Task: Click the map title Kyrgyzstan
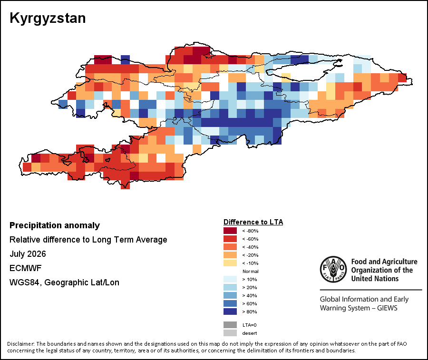pyautogui.click(x=48, y=18)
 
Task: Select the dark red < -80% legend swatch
pyautogui.click(x=230, y=231)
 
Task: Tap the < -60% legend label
pyautogui.click(x=250, y=239)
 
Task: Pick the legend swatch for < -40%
pyautogui.click(x=230, y=247)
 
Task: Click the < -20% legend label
pyautogui.click(x=250, y=255)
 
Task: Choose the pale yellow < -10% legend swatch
pyautogui.click(x=230, y=263)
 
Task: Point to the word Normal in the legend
pyautogui.click(x=250, y=271)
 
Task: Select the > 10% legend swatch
pyautogui.click(x=230, y=279)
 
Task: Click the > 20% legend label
pyautogui.click(x=250, y=287)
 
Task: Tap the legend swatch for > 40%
pyautogui.click(x=230, y=295)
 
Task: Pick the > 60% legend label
pyautogui.click(x=250, y=303)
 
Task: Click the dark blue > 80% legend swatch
pyautogui.click(x=230, y=311)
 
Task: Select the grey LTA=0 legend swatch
pyautogui.click(x=230, y=325)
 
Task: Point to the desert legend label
pyautogui.click(x=250, y=333)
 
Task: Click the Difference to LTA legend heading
pyautogui.click(x=253, y=222)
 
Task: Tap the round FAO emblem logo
pyautogui.click(x=333, y=269)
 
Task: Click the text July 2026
pyautogui.click(x=28, y=254)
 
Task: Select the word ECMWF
pyautogui.click(x=25, y=268)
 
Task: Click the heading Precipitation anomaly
pyautogui.click(x=55, y=226)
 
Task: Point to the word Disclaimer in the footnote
pyautogui.click(x=21, y=344)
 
